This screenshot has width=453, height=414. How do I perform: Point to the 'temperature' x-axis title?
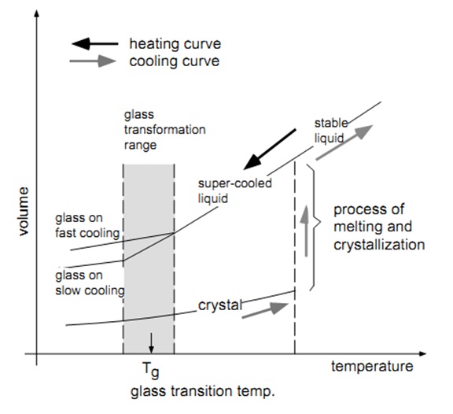click(371, 367)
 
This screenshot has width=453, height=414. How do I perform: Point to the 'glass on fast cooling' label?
click(87, 224)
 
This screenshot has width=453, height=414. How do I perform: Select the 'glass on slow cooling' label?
click(90, 283)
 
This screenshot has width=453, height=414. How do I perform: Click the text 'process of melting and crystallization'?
click(378, 228)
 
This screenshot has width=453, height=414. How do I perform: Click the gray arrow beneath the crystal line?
click(261, 312)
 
